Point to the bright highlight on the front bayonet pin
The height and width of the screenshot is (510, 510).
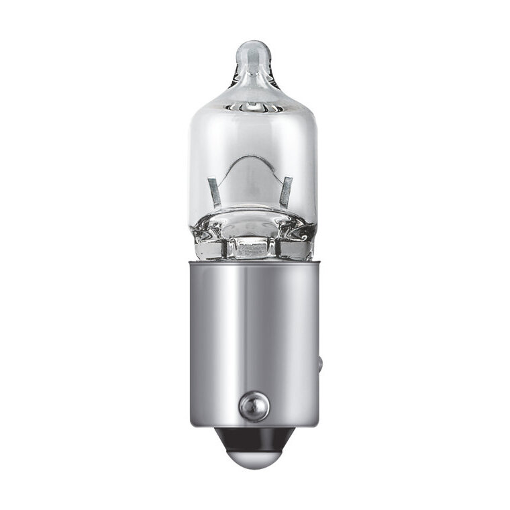(x=249, y=402)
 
